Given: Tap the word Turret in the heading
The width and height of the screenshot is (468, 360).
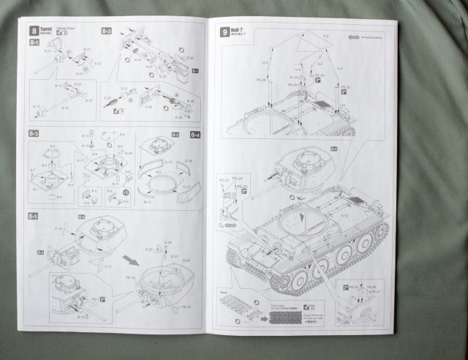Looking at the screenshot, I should click(x=47, y=29).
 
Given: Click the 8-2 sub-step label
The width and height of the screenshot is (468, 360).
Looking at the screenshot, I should click(x=106, y=31).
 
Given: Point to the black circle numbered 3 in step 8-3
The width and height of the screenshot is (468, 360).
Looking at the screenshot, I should click(x=126, y=192).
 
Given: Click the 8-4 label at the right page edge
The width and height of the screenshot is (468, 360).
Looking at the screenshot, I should click(x=195, y=135).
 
